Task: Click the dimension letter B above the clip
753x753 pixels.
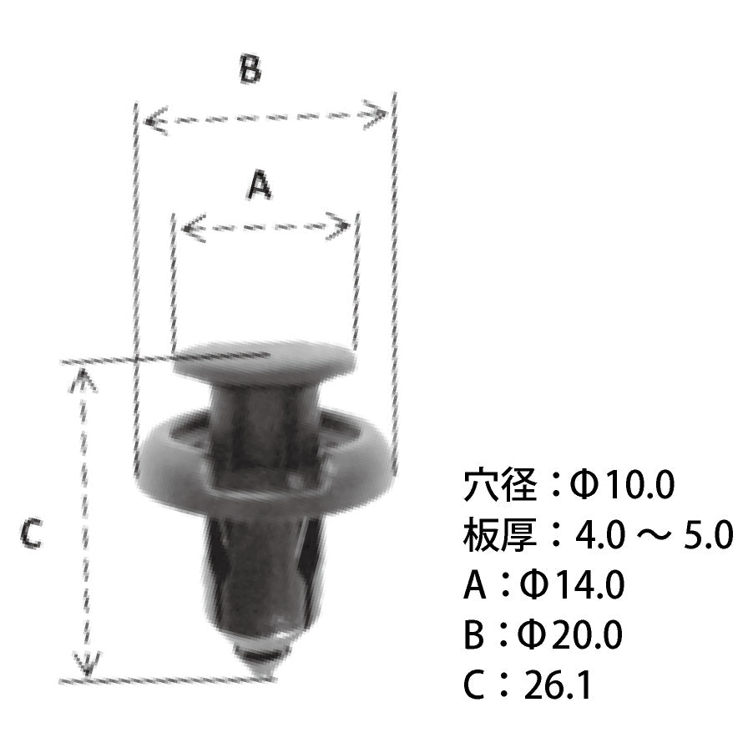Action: coord(250,70)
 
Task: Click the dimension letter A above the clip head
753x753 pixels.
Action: coord(260,184)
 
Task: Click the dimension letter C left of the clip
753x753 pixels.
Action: coord(31,533)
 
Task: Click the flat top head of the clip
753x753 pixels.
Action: coord(263,361)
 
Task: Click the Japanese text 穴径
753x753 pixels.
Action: coord(498,484)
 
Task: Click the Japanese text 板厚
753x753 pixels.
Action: coord(498,535)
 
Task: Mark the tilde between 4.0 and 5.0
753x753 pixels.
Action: coord(652,536)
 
